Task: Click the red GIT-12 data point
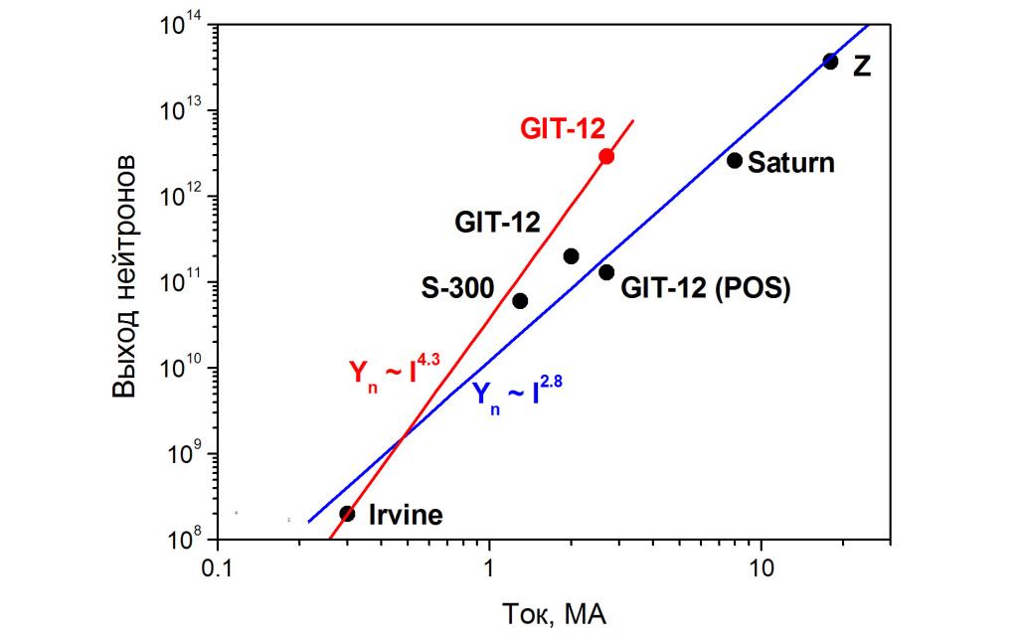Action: pos(606,156)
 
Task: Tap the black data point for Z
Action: pos(831,62)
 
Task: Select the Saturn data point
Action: pos(735,160)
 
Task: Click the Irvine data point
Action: pos(347,514)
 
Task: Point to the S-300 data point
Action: pos(520,300)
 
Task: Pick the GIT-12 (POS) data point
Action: pos(606,272)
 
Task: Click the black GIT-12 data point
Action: pos(571,255)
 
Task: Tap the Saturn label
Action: pos(791,162)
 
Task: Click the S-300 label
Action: pos(458,289)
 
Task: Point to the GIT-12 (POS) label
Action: pos(705,289)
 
